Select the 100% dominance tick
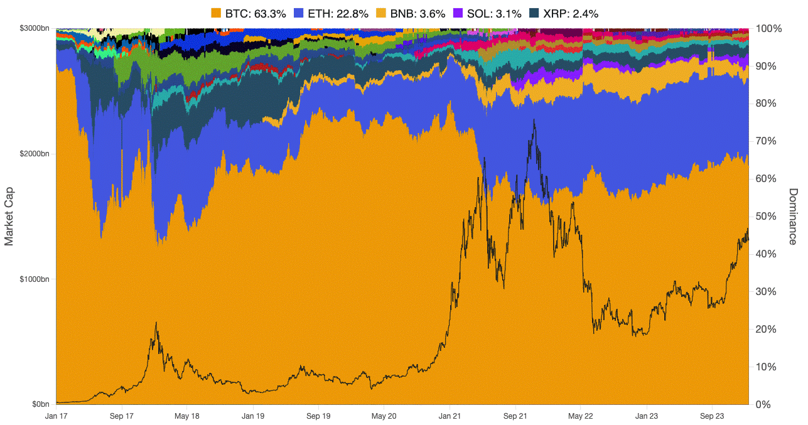click(x=768, y=29)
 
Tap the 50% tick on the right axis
click(x=766, y=217)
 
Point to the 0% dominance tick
click(x=763, y=404)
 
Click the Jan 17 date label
click(x=57, y=416)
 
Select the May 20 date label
click(x=384, y=416)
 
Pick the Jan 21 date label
click(x=450, y=416)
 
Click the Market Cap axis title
click(x=9, y=217)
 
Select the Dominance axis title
click(x=793, y=217)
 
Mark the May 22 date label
click(x=581, y=416)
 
